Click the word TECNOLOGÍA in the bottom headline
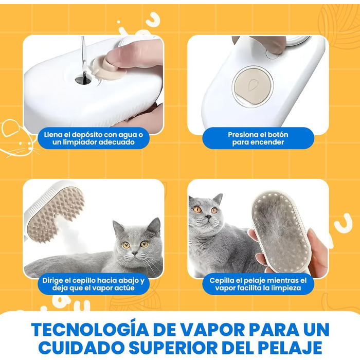click(90, 330)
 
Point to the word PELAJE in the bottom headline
click(291, 348)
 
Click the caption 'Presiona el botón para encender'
click(258, 138)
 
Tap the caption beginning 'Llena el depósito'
click(94, 138)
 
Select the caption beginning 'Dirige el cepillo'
click(94, 284)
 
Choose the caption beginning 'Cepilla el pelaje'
click(258, 284)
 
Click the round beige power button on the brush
click(253, 86)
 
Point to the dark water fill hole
click(83, 80)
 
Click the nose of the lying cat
click(135, 253)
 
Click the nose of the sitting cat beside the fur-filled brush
click(208, 217)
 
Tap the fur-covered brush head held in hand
click(281, 232)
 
